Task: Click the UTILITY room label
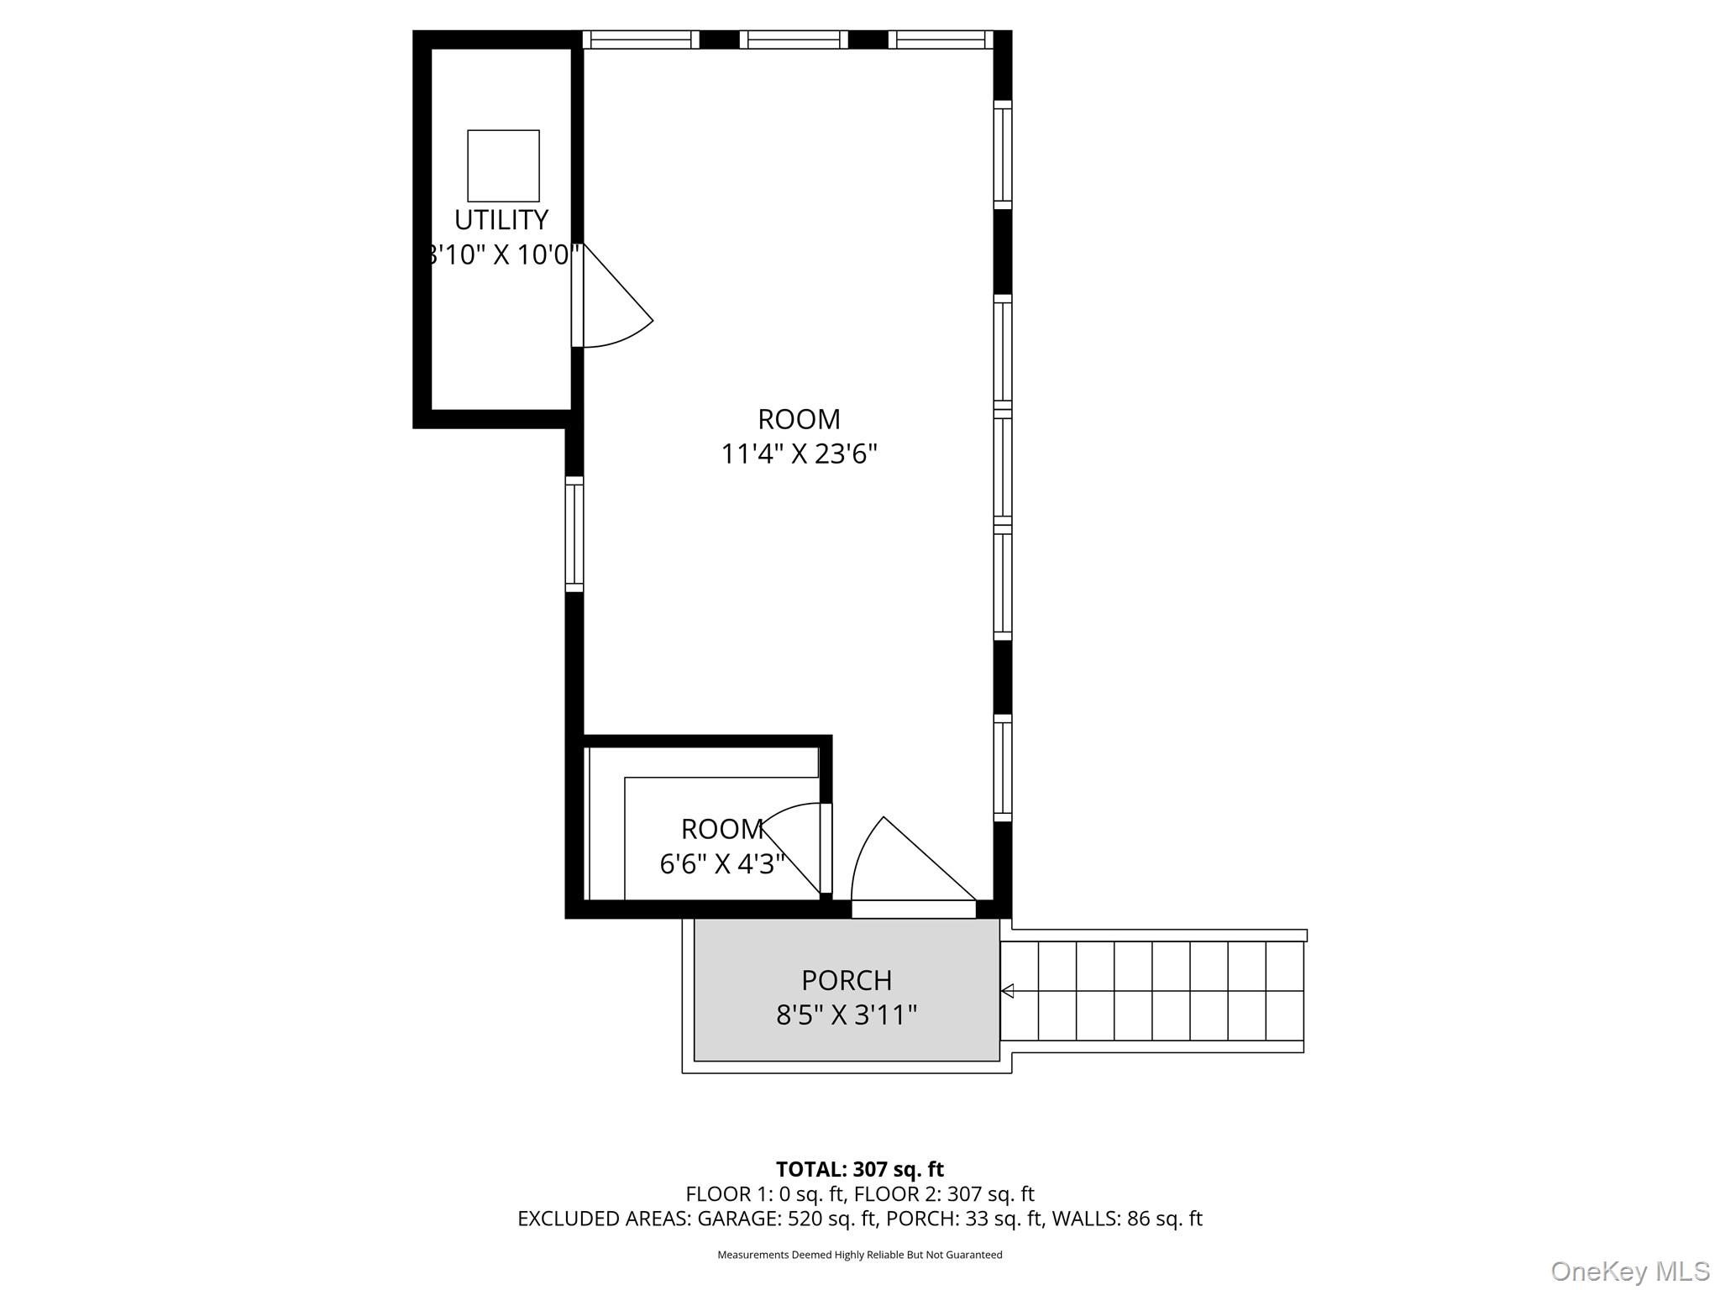[501, 220]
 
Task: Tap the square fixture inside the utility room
[503, 165]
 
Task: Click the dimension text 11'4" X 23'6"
[800, 454]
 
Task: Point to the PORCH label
[847, 980]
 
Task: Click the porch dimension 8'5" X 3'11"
[847, 1015]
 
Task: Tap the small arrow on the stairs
[1007, 991]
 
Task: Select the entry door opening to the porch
[914, 865]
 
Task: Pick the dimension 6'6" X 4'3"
[722, 864]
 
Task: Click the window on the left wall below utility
[574, 534]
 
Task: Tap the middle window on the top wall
[794, 39]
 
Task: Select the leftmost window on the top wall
[641, 39]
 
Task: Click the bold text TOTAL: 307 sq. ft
[860, 1169]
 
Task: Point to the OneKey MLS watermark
[1630, 1272]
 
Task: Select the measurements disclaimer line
[860, 1255]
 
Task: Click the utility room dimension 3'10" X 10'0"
[501, 254]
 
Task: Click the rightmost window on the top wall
[941, 39]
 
